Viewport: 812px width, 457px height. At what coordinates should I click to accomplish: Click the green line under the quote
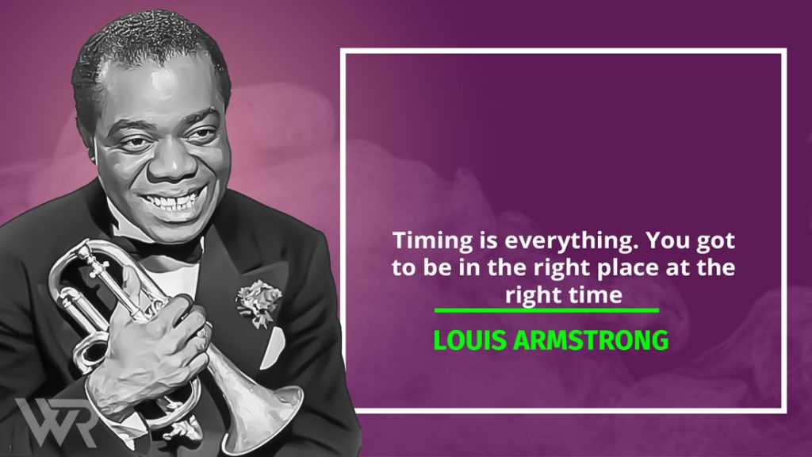coord(546,310)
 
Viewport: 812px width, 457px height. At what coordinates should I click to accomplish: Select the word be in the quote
coord(438,267)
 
